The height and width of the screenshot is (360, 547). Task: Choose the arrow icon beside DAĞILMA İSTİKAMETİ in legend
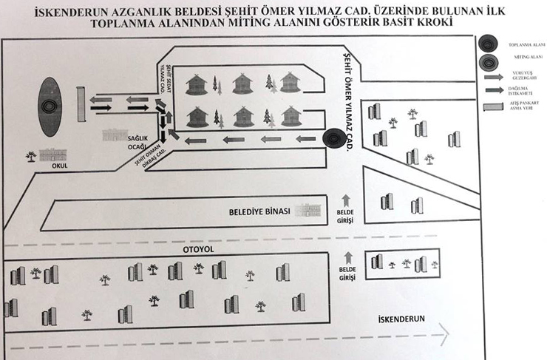tap(488, 90)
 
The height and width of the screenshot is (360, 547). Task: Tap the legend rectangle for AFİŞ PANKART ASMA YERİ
tap(488, 107)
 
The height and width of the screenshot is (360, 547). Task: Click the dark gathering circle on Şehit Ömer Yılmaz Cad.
tap(333, 137)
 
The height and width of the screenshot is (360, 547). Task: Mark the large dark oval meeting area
tap(49, 106)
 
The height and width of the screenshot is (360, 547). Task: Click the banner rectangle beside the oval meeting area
tap(80, 105)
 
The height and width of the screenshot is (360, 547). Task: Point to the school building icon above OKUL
tap(52, 155)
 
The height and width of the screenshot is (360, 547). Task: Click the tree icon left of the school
tap(31, 156)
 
